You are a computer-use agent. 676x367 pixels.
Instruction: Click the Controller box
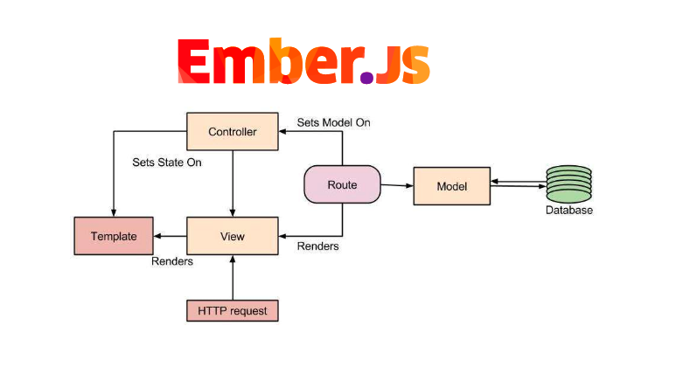(x=233, y=132)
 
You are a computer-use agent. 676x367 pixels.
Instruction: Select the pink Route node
(x=342, y=185)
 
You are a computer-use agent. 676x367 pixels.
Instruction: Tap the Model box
(x=452, y=186)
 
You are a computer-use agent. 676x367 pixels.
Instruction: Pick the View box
(x=233, y=236)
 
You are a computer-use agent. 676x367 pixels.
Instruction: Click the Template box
(x=113, y=236)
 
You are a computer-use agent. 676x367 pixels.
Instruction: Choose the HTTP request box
(x=233, y=310)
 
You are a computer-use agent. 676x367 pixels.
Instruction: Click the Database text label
(x=569, y=211)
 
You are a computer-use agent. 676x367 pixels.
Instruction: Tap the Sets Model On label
(x=333, y=122)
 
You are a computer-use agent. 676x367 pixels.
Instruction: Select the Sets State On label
(x=167, y=163)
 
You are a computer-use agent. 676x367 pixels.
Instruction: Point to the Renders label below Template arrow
(x=172, y=260)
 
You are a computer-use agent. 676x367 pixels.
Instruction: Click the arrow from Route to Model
(x=397, y=185)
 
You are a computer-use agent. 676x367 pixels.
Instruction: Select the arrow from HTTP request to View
(x=233, y=278)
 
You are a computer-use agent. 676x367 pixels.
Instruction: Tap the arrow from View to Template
(x=171, y=236)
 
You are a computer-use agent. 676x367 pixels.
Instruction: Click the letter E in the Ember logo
(x=197, y=61)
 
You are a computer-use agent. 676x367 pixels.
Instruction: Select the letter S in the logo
(x=410, y=61)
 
